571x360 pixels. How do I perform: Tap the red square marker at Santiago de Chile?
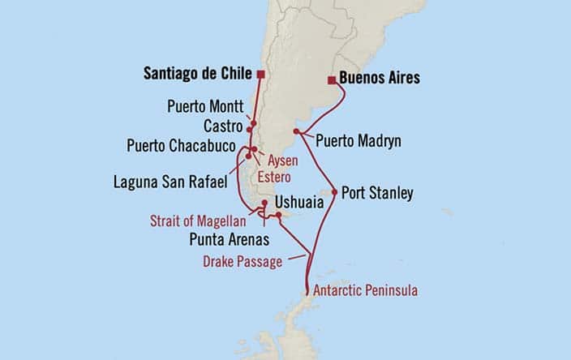(x=260, y=75)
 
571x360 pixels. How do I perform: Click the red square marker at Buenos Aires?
(x=332, y=80)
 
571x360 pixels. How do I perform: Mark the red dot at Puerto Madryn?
(x=298, y=131)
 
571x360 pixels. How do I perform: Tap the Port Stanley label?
(x=377, y=194)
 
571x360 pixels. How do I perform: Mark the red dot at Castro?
(x=253, y=125)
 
